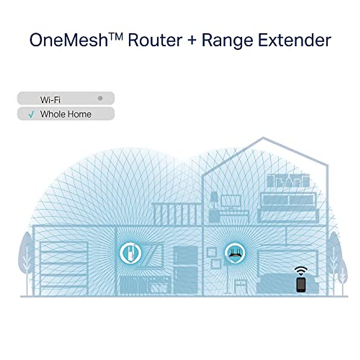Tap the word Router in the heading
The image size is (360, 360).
(155, 40)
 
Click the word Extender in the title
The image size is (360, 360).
(294, 40)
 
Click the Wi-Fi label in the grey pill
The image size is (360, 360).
(50, 99)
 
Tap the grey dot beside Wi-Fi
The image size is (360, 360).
(100, 98)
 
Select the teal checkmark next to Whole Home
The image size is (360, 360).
(31, 115)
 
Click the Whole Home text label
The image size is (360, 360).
(66, 114)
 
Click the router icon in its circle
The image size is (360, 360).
(235, 253)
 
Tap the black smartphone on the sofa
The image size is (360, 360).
(301, 284)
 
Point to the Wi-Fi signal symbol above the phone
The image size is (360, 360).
(301, 270)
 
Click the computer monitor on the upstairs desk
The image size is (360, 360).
(231, 201)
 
